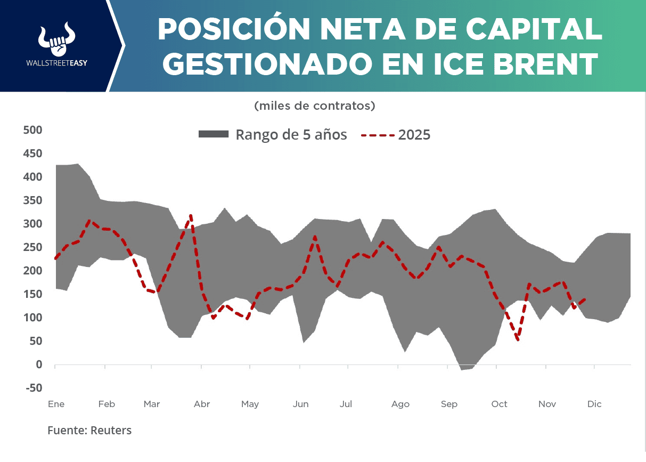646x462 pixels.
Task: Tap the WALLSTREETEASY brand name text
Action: coord(56,62)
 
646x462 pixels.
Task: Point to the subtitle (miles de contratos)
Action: coord(315,106)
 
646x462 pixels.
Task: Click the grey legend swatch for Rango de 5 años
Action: coord(213,134)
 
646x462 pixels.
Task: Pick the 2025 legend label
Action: coord(414,135)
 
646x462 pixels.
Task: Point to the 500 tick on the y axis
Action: coord(32,130)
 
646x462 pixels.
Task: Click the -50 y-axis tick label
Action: coord(32,388)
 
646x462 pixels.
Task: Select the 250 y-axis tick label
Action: coord(32,247)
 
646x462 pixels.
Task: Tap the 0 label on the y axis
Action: coord(39,364)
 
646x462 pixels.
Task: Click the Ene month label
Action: coord(56,404)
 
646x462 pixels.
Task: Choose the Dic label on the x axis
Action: coord(594,404)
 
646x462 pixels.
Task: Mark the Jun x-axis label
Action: coord(300,404)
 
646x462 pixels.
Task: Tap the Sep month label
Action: coord(449,404)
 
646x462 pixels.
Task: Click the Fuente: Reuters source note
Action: coord(89,430)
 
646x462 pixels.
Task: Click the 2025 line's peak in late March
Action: coord(191,216)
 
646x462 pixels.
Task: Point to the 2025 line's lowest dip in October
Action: coord(518,339)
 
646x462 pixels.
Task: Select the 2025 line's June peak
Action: coord(315,236)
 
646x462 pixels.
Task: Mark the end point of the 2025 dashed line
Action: coord(586,299)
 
